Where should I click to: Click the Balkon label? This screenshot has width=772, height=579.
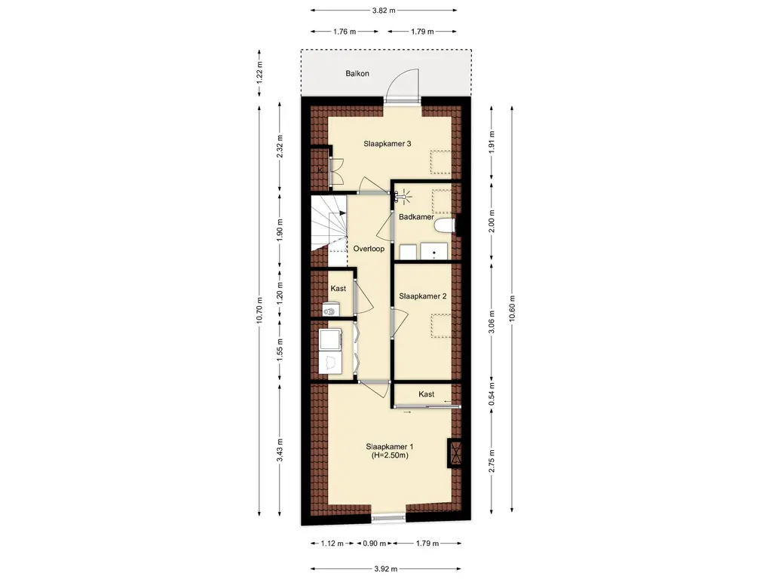pos(357,73)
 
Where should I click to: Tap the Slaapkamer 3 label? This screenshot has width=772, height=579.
pos(388,144)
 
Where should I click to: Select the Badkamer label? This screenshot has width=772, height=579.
pos(416,216)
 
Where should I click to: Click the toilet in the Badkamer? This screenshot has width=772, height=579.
pos(445,226)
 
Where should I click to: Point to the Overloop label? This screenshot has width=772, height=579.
pos(369,249)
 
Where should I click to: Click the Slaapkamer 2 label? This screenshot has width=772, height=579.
pos(423,296)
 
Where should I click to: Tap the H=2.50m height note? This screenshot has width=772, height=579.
pos(390,455)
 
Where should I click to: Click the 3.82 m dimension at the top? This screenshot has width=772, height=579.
pos(384,10)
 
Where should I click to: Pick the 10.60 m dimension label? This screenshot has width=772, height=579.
pos(512,308)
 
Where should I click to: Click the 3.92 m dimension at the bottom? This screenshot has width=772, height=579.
pos(385,568)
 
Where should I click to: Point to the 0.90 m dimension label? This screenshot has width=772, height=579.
pos(374,544)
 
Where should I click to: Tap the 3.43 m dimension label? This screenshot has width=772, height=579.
pos(280,450)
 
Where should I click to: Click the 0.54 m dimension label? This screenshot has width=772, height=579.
pos(492,394)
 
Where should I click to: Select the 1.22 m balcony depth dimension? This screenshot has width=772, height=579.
pos(260,72)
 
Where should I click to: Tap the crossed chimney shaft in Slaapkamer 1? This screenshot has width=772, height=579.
pos(455,452)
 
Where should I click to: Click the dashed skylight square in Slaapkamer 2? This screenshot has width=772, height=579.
pos(441,326)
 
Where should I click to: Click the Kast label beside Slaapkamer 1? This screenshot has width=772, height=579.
pos(427,394)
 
